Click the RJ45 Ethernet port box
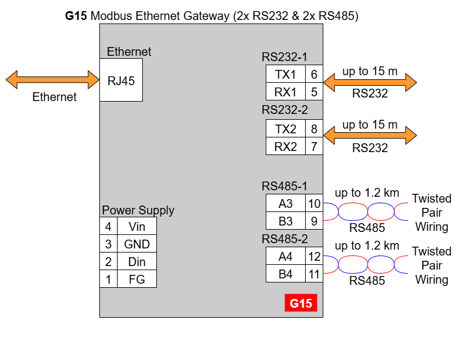(x=121, y=80)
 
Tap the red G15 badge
(x=300, y=303)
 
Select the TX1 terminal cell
(x=286, y=74)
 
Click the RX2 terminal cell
(x=286, y=146)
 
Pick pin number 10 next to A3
(x=315, y=204)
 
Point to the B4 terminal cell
(x=286, y=274)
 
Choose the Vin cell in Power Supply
(x=137, y=226)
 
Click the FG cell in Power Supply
(x=137, y=279)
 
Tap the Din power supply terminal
(x=137, y=261)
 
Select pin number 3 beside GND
(x=108, y=244)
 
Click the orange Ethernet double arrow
(x=52, y=79)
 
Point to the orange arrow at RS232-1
(x=370, y=82)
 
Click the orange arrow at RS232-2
(x=370, y=137)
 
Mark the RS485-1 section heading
(x=285, y=186)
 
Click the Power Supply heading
(x=138, y=210)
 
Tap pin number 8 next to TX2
(x=315, y=129)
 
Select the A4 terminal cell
(x=286, y=256)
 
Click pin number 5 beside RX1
(x=315, y=92)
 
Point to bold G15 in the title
(x=76, y=16)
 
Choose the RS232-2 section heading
(x=285, y=109)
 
